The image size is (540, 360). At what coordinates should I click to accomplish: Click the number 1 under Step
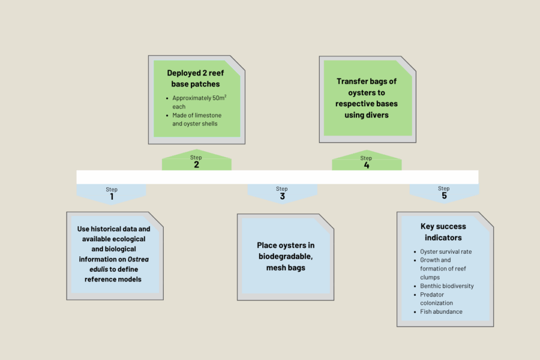[x=111, y=196]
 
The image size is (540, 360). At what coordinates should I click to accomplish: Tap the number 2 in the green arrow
[x=196, y=164]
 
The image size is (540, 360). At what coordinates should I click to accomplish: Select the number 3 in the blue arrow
[x=282, y=196]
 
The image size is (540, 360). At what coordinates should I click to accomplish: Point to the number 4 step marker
[x=367, y=165]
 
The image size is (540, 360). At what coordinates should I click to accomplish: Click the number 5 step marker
[x=444, y=196]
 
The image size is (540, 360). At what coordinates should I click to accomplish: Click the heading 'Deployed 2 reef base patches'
[x=197, y=78]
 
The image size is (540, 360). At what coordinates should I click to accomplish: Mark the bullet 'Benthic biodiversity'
[x=446, y=286]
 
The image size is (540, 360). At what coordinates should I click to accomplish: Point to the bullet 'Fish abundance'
[x=441, y=311]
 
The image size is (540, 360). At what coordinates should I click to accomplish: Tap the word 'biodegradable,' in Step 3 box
[x=286, y=256]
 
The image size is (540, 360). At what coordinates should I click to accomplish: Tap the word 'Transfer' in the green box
[x=353, y=82]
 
